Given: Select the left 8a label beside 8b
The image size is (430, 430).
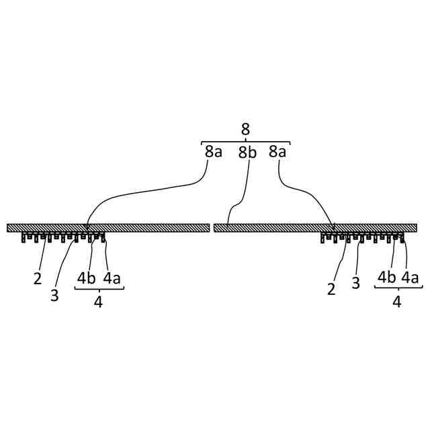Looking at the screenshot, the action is tap(214, 152).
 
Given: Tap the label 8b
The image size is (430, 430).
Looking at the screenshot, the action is tap(247, 153).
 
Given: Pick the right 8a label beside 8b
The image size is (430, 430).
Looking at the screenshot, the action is tap(277, 152).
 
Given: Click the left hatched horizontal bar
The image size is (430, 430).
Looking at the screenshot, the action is tap(107, 228).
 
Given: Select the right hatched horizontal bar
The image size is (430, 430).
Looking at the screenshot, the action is tap(315, 228).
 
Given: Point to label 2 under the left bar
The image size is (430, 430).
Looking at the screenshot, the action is tap(38, 278).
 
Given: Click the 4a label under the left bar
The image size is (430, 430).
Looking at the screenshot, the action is tap(112, 278).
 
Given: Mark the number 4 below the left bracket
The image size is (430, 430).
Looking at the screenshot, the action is tap(98, 303).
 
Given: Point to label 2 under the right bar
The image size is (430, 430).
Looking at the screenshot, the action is tap(331, 289).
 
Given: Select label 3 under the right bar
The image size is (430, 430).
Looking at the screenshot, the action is tap(356, 282).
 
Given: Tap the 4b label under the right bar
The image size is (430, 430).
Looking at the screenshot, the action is tap(386, 276).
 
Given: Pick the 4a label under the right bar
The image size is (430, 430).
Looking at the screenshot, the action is tap(411, 276).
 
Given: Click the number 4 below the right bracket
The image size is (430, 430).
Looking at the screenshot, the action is tap(396, 302).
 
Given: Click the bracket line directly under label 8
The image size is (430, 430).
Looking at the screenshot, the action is tap(245, 142).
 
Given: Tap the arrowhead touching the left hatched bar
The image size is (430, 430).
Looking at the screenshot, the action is tap(87, 228).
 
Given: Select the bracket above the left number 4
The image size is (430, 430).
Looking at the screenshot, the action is tap(99, 290).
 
